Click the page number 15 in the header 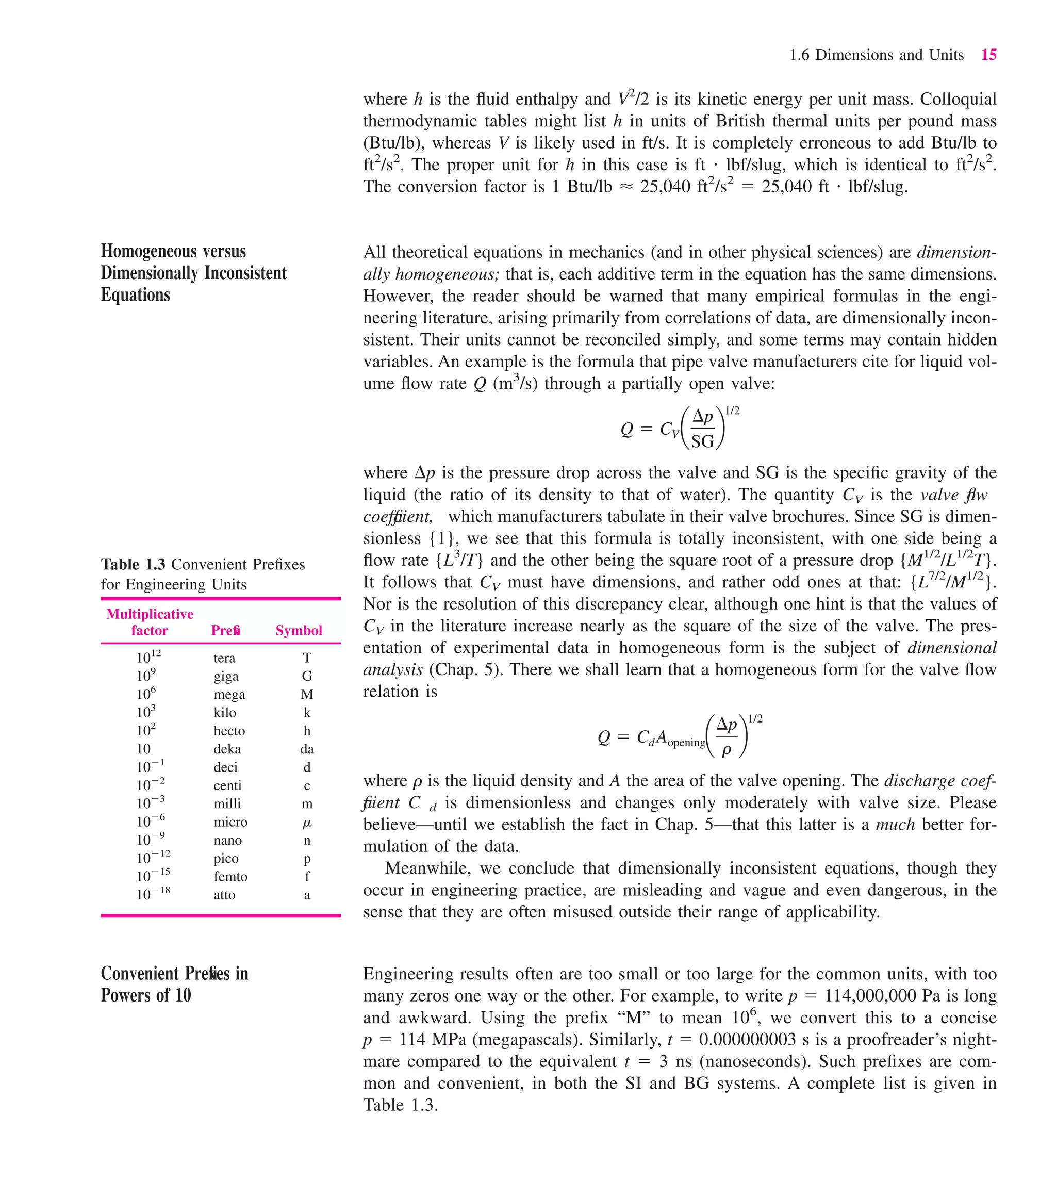pyautogui.click(x=988, y=55)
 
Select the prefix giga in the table pyautogui.click(x=226, y=677)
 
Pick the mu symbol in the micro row pyautogui.click(x=307, y=823)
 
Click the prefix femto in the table pyautogui.click(x=230, y=877)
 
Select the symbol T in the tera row pyautogui.click(x=307, y=658)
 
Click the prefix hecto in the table pyautogui.click(x=229, y=731)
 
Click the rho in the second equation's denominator pyautogui.click(x=727, y=750)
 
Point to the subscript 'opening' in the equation pyautogui.click(x=686, y=743)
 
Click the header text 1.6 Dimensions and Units pyautogui.click(x=876, y=55)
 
